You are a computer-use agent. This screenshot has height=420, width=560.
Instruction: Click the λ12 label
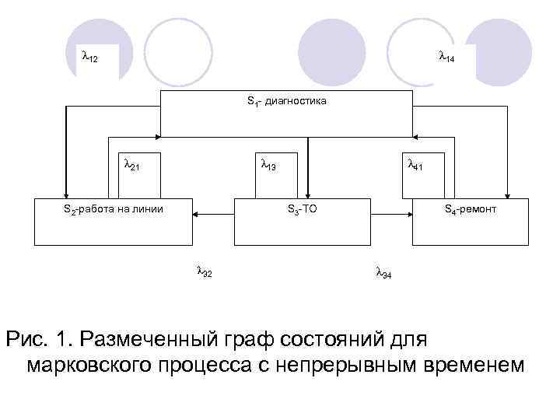89,58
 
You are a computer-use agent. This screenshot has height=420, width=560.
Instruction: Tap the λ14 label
446,58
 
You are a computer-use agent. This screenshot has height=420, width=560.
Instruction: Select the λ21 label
131,165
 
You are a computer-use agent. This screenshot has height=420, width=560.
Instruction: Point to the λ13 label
268,165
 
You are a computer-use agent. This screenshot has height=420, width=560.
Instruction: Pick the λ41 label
415,165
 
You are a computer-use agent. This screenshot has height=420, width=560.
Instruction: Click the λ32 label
205,272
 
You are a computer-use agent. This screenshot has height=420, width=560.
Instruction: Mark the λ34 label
383,273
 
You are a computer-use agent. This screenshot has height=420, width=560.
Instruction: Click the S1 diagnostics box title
286,101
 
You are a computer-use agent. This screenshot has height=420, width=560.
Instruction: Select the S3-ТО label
302,209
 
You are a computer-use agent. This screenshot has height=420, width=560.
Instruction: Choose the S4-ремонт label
470,209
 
